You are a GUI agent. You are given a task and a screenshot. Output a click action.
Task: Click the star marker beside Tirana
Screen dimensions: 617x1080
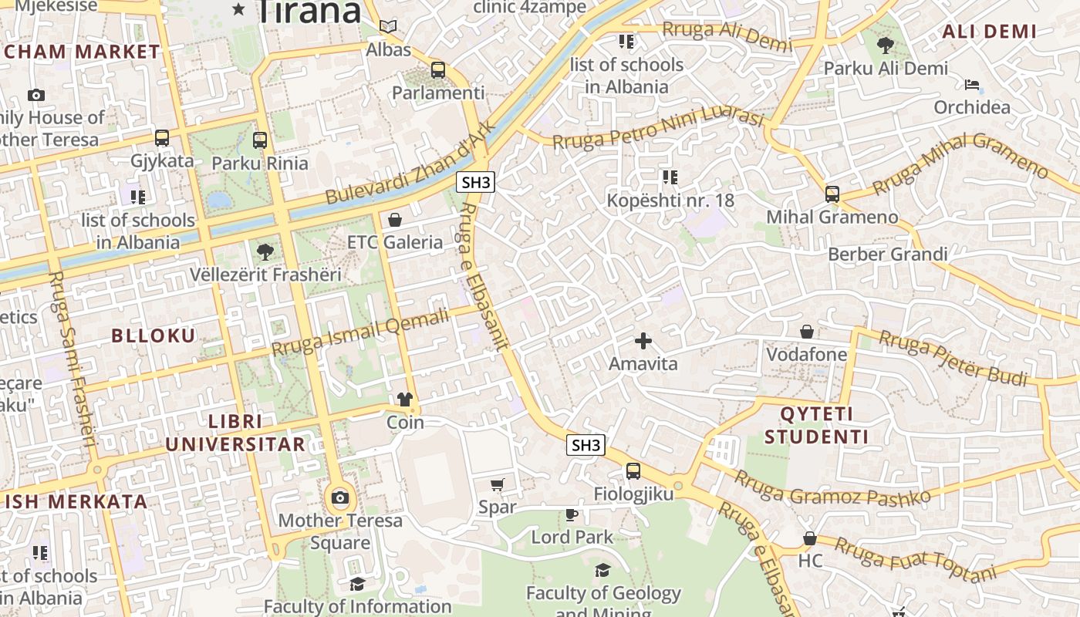[x=238, y=10]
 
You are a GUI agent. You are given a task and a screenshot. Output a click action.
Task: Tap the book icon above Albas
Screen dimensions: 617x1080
[x=388, y=27]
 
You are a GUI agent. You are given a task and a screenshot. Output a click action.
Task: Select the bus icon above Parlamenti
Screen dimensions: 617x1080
[x=438, y=70]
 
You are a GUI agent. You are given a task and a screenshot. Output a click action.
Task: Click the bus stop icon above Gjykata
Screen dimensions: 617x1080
[x=162, y=138]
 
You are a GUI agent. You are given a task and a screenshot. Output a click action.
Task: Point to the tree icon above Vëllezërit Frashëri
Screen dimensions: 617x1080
[x=265, y=251]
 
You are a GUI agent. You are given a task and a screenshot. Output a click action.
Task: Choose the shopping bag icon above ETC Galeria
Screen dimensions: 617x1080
[x=395, y=220]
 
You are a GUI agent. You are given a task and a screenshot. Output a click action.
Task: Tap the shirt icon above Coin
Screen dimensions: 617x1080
[x=405, y=400]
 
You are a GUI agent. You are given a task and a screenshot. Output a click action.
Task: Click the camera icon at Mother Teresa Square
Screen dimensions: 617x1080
[x=339, y=497]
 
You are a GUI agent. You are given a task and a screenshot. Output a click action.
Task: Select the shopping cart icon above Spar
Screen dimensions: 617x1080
[x=498, y=484]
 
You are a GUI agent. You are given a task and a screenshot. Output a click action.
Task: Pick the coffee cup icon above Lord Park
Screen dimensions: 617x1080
[x=572, y=514]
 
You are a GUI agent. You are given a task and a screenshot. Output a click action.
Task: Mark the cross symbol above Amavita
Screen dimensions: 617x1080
[x=643, y=340]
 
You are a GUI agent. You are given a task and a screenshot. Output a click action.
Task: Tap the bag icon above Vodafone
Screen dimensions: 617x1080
[x=806, y=332]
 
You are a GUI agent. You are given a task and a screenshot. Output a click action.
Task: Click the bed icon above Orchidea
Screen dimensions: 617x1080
[x=972, y=84]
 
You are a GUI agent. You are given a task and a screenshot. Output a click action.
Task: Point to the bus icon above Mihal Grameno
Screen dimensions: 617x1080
[x=832, y=194]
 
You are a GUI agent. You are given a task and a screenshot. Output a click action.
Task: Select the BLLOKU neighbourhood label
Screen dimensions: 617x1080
[x=154, y=335]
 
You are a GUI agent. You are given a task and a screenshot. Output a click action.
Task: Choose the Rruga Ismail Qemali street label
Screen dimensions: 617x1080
[x=359, y=332]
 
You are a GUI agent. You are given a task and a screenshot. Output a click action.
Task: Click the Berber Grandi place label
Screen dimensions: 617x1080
[x=887, y=255]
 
